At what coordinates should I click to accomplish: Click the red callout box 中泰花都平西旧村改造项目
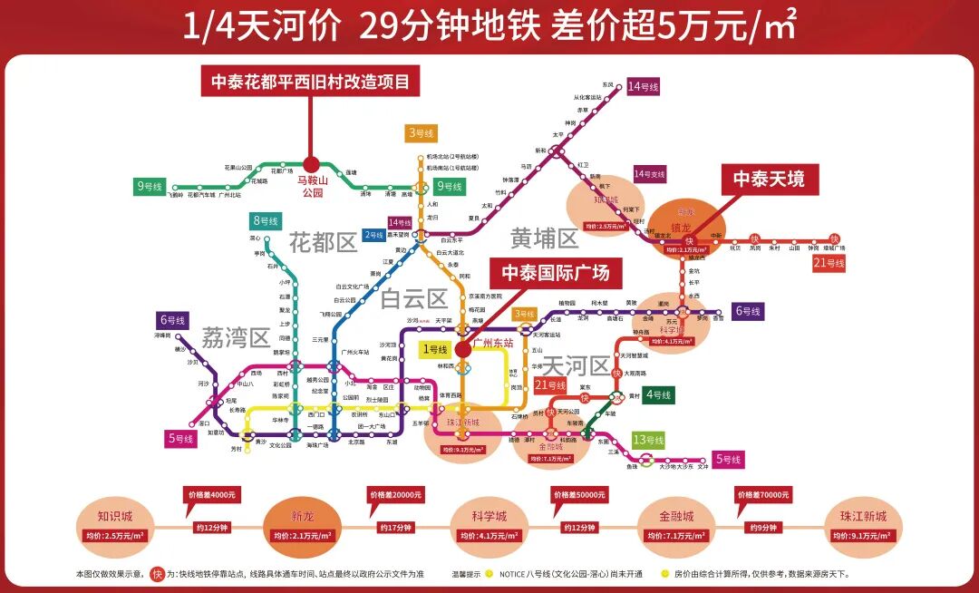click(310, 82)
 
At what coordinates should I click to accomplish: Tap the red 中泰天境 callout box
click(769, 180)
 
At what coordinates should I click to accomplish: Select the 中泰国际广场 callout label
click(556, 272)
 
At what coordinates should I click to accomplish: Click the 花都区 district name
click(324, 242)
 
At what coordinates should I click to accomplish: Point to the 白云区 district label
click(413, 298)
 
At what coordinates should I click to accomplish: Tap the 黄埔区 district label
click(544, 238)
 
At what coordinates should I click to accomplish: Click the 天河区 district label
click(576, 366)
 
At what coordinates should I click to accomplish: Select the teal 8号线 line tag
click(266, 220)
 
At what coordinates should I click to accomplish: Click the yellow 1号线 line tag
click(434, 349)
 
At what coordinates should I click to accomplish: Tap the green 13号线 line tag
click(649, 440)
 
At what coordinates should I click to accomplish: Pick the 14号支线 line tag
click(649, 173)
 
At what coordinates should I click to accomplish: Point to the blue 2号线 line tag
click(373, 235)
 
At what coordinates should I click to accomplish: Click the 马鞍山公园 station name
click(311, 187)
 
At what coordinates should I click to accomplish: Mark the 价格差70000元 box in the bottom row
click(763, 495)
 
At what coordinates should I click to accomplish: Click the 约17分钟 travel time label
click(394, 527)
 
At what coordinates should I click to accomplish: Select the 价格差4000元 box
click(211, 495)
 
